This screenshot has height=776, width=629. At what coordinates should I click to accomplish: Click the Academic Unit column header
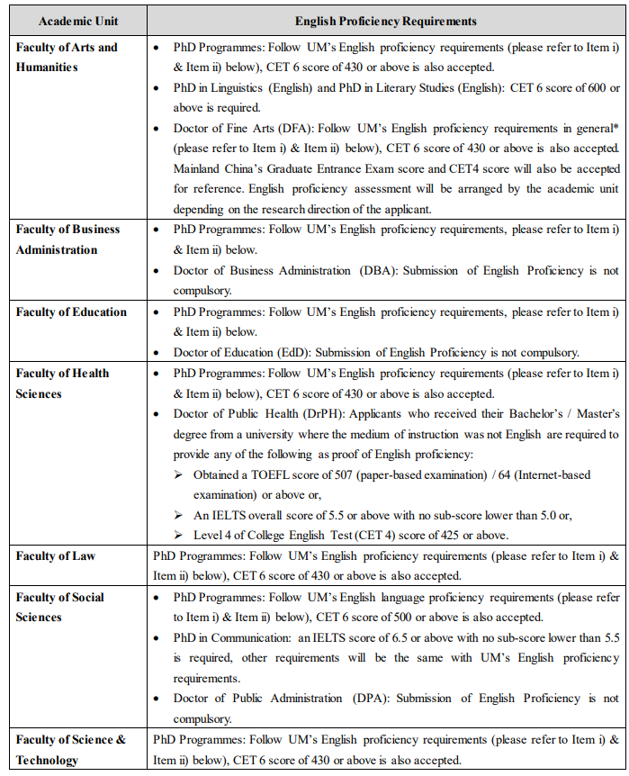click(78, 21)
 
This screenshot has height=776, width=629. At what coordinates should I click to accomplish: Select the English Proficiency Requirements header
click(386, 21)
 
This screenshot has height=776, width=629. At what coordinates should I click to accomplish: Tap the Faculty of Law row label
click(55, 555)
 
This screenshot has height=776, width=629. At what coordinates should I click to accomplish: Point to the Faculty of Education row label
click(71, 312)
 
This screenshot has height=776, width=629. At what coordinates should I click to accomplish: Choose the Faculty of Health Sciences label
click(62, 383)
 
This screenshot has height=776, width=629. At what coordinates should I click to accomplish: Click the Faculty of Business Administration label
click(67, 239)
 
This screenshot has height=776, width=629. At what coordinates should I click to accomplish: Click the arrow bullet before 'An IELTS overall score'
click(179, 516)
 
